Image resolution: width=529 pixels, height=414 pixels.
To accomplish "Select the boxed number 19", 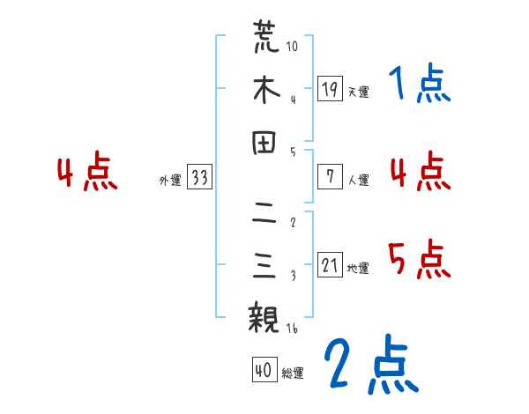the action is (x=330, y=89).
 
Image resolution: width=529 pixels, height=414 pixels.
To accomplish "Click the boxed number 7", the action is (x=330, y=176).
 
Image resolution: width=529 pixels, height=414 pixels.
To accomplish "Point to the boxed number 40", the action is (x=264, y=371).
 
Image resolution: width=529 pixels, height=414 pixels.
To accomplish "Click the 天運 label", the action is (x=358, y=92).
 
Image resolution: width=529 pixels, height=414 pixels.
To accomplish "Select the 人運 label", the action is (x=358, y=180).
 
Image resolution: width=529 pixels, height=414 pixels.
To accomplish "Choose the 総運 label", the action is (x=293, y=373).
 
